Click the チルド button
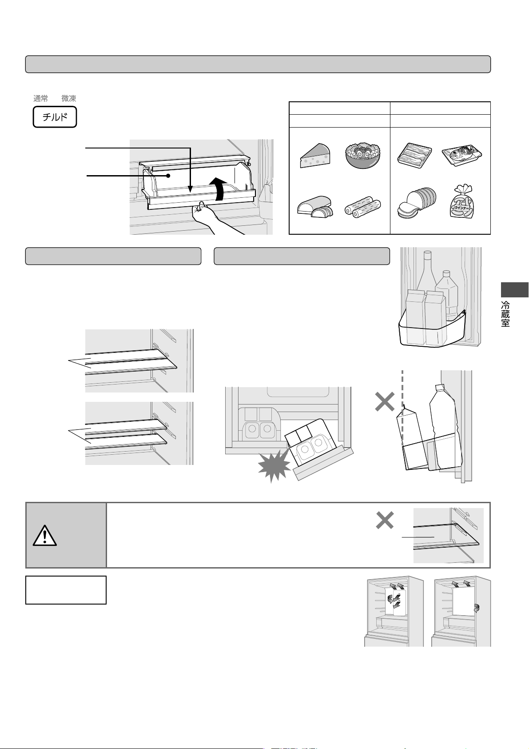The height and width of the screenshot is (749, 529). click(x=55, y=117)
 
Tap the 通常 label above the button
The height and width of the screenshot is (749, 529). click(x=40, y=98)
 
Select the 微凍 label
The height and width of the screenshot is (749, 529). click(x=69, y=98)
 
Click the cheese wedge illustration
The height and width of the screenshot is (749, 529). click(x=315, y=156)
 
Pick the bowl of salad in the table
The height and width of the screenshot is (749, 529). click(x=363, y=156)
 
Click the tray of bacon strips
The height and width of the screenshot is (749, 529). click(x=414, y=156)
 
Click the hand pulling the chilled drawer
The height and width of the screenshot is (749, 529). click(x=214, y=218)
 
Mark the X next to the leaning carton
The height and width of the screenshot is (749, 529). click(x=385, y=401)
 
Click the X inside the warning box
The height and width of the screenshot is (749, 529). click(x=385, y=520)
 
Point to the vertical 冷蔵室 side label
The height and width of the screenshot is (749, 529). click(x=505, y=314)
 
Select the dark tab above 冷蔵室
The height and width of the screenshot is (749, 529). click(x=515, y=289)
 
